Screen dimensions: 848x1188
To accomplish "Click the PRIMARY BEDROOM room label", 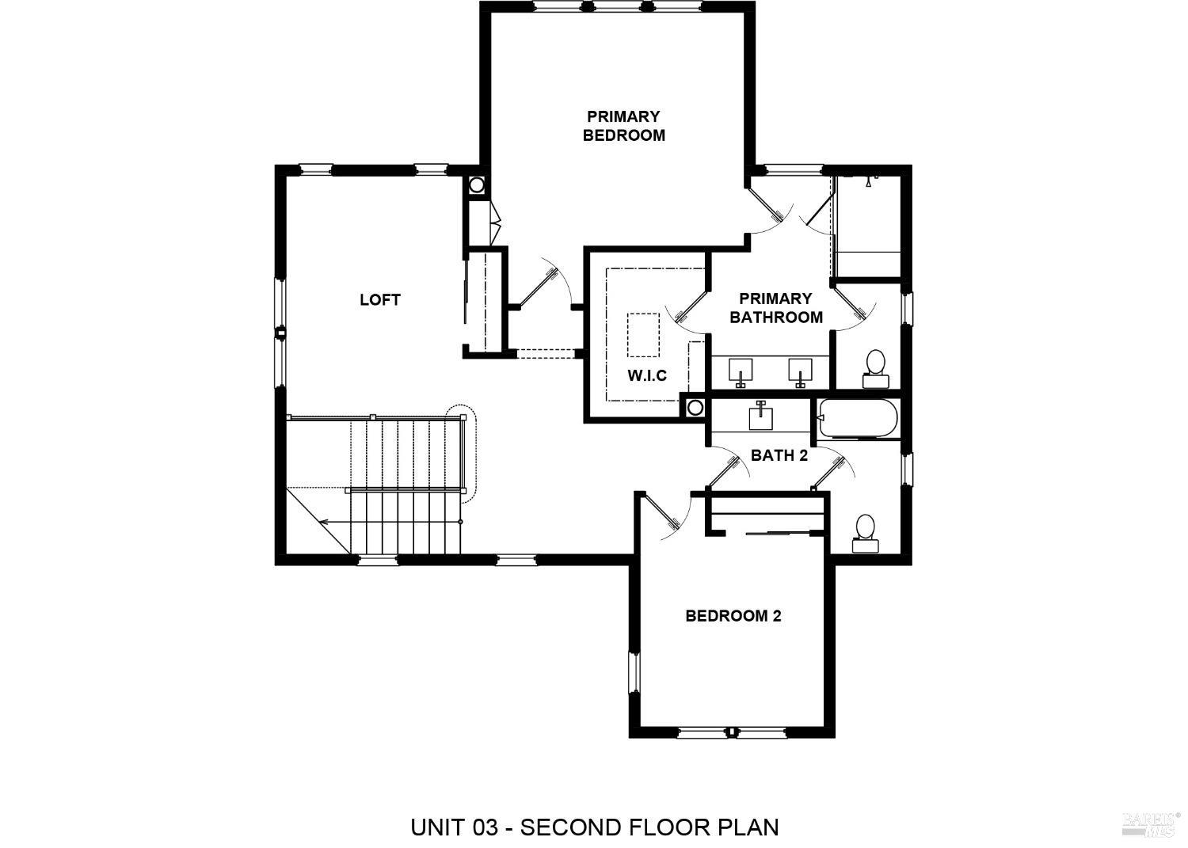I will click(x=623, y=126).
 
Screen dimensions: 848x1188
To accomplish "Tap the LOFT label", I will click(x=379, y=299).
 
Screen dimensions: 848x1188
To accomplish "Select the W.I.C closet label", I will click(x=647, y=375).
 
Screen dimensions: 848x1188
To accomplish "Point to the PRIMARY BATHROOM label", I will click(x=775, y=307).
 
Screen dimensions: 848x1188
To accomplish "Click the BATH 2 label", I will click(x=779, y=455).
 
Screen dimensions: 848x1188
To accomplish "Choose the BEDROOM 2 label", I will click(x=733, y=615).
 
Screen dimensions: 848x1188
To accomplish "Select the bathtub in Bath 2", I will click(x=859, y=419).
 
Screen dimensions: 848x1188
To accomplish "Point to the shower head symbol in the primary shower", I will click(x=869, y=182).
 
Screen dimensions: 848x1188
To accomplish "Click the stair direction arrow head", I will click(x=323, y=522).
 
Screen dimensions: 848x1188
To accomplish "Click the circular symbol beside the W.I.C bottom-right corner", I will click(x=695, y=407).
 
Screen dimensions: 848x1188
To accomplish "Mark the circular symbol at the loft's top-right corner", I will click(x=476, y=185).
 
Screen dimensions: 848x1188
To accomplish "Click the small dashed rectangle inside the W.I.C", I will click(x=642, y=335).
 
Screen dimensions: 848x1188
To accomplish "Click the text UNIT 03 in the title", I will click(x=455, y=827).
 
